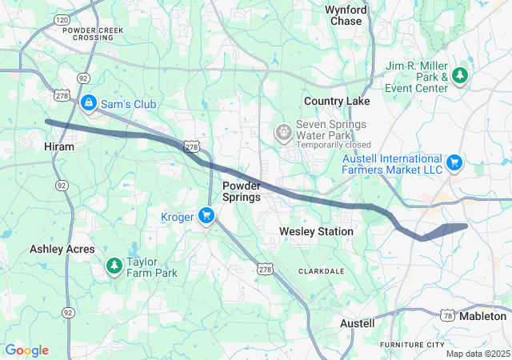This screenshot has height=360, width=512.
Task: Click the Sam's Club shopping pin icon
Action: pos(89,103)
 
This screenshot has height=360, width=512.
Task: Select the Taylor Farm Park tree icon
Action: pos(114,265)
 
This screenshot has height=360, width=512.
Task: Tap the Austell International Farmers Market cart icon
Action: pos(454,163)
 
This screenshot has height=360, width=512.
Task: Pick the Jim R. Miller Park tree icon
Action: pos(460,75)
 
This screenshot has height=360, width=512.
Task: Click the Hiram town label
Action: pos(58,147)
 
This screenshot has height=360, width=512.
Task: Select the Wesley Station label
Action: pos(316,231)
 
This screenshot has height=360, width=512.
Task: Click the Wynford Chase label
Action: pos(345,15)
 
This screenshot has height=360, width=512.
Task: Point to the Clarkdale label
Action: pos(321,271)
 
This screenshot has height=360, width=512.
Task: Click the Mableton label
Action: pos(484,316)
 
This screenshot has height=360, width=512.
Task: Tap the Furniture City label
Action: pos(411,344)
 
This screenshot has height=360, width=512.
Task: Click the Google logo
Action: pos(26,350)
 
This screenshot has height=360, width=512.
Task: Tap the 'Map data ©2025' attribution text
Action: pos(477,354)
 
